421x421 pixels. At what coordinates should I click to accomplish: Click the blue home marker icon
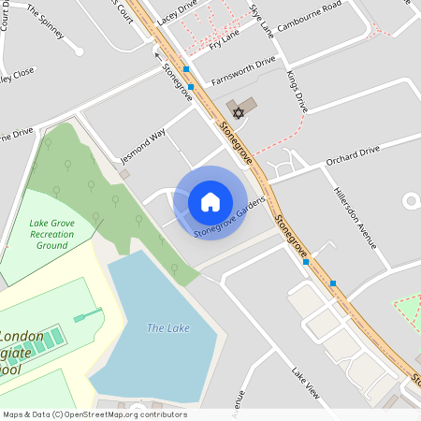click(x=210, y=202)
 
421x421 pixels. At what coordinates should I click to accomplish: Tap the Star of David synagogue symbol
click(x=238, y=113)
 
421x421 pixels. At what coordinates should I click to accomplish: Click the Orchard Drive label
click(x=353, y=155)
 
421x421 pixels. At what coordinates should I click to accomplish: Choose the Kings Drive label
click(x=298, y=92)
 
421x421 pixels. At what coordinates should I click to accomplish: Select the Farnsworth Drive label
click(x=243, y=68)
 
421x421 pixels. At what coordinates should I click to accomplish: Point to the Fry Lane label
click(x=225, y=39)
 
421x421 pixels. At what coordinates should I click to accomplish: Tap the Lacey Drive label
click(x=178, y=12)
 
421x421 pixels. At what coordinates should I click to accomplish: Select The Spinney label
click(x=46, y=22)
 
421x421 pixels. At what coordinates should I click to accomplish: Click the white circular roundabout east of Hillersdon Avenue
click(x=410, y=200)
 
